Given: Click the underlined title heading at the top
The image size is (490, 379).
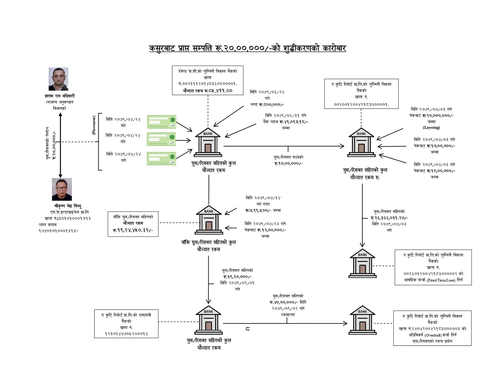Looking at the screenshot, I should point(247,48).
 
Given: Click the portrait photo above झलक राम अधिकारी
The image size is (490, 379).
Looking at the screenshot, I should point(58,79).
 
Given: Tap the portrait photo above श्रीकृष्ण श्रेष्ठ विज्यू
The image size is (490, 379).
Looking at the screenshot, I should point(62,189).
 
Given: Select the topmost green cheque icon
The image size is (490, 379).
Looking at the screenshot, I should point(161,122).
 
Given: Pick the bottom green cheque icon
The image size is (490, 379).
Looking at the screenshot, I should point(161,159).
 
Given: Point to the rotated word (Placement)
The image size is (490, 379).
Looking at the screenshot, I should point(94,125).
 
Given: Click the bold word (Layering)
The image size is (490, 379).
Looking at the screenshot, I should point(431,128).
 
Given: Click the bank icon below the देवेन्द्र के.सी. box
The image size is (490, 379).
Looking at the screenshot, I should point(208,142).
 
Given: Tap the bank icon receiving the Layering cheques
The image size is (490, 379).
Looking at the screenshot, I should point(361,142).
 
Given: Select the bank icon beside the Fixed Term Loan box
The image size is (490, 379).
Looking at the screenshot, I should point(362,263).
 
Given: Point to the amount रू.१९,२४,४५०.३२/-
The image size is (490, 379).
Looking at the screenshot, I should point(133,230).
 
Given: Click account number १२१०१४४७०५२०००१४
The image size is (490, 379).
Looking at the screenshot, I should point(126,334).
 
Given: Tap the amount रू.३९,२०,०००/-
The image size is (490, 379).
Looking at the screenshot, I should point(237,277).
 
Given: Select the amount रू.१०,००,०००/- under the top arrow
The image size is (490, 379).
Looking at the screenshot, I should point(288,163).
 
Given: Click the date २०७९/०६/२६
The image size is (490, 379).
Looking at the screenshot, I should point(271,92).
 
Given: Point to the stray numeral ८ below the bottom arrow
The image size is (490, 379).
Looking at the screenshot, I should point(247,329).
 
